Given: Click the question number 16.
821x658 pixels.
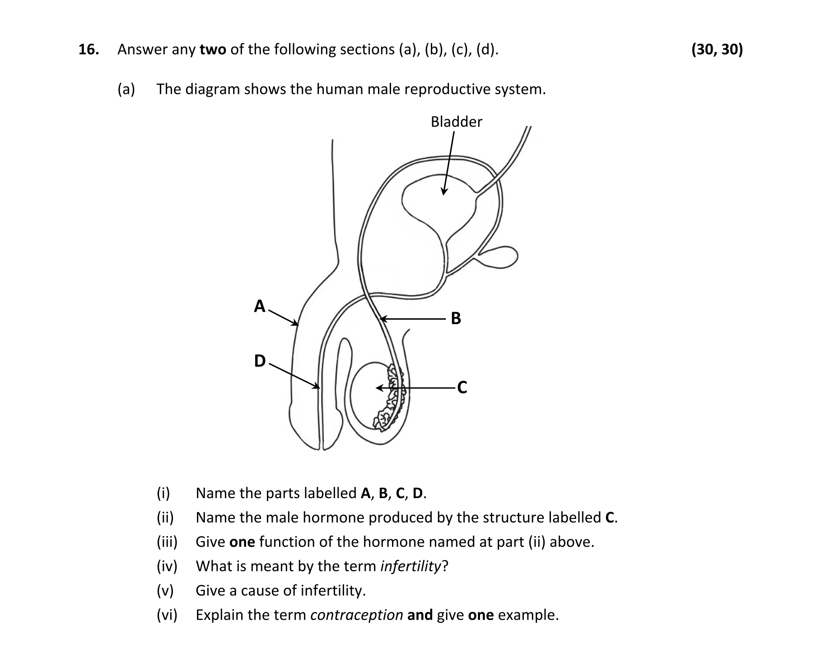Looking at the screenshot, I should pyautogui.click(x=89, y=50).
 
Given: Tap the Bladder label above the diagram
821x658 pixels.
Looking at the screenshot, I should pyautogui.click(x=456, y=122).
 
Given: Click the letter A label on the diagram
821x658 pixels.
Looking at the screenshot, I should pyautogui.click(x=259, y=306).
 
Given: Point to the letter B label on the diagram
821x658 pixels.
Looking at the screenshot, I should pyautogui.click(x=456, y=319).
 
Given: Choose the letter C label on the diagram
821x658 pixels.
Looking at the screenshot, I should pyautogui.click(x=462, y=387).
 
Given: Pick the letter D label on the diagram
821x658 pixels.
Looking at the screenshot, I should pyautogui.click(x=260, y=361).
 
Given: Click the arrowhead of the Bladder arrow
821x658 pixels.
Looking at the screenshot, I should pyautogui.click(x=444, y=192).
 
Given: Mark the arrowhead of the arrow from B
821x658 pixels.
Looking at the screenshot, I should pyautogui.click(x=382, y=319).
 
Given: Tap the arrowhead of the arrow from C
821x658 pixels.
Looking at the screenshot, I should pyautogui.click(x=378, y=387).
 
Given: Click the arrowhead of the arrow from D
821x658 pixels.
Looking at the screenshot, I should pyautogui.click(x=317, y=387).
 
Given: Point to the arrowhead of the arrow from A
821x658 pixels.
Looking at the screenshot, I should pyautogui.click(x=296, y=323).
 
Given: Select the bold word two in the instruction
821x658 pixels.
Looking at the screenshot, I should pyautogui.click(x=213, y=50).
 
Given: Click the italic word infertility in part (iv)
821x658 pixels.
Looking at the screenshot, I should pyautogui.click(x=410, y=566).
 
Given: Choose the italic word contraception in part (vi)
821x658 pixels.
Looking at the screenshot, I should pyautogui.click(x=357, y=615).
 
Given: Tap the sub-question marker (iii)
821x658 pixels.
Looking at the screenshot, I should pyautogui.click(x=167, y=542).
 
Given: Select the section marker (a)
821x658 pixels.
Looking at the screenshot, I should pyautogui.click(x=126, y=89).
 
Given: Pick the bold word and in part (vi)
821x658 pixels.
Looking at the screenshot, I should pyautogui.click(x=420, y=615).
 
